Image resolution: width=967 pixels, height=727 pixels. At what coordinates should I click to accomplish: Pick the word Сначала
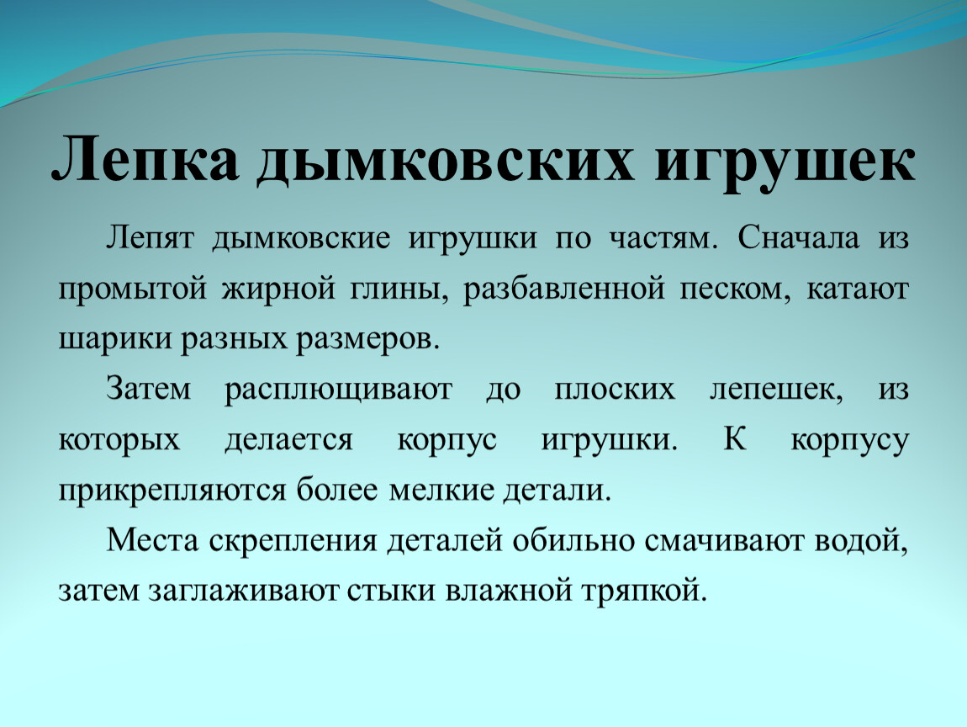(x=799, y=237)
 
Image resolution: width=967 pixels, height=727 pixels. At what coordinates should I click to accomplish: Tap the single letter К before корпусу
(x=734, y=439)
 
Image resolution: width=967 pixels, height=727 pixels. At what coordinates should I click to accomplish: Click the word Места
(x=153, y=540)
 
